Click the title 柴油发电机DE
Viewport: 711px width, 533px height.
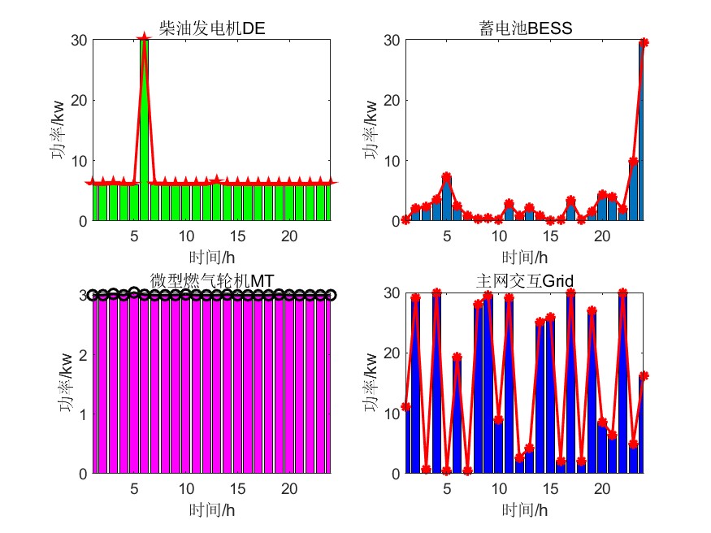click(x=213, y=30)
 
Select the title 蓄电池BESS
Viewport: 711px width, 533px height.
click(x=526, y=30)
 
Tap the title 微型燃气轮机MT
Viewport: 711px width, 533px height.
click(x=213, y=280)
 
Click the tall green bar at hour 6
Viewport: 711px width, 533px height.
click(x=144, y=130)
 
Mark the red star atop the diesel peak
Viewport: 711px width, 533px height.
click(x=144, y=38)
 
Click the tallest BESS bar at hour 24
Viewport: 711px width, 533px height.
click(x=643, y=130)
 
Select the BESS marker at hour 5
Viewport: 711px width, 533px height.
click(x=446, y=176)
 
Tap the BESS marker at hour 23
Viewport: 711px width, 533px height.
click(x=633, y=162)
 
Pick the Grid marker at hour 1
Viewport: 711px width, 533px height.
click(x=405, y=406)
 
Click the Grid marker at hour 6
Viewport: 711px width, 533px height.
click(x=457, y=357)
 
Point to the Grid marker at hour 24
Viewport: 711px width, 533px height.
click(x=644, y=375)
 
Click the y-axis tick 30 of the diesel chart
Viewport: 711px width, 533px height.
click(x=80, y=40)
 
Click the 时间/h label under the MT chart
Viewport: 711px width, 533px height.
click(x=213, y=509)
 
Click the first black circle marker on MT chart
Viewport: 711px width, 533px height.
click(x=93, y=295)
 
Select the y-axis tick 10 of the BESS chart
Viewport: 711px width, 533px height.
click(x=392, y=161)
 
